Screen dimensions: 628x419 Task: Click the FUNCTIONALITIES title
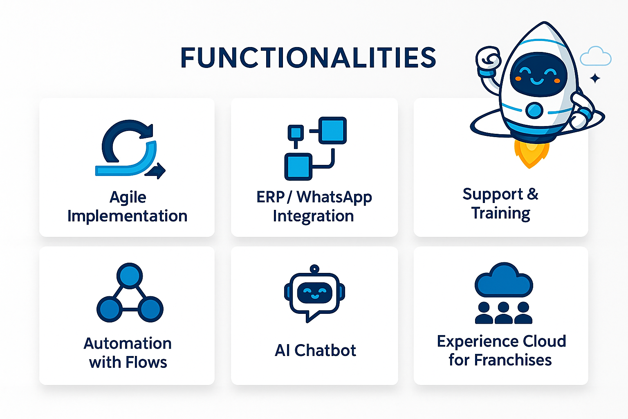(x=308, y=58)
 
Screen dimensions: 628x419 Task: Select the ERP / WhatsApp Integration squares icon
(x=315, y=149)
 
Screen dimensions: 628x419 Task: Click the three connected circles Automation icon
(x=130, y=293)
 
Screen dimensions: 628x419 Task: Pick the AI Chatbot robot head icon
(x=314, y=293)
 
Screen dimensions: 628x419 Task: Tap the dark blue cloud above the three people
(x=504, y=280)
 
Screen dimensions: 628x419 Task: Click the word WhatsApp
(x=334, y=197)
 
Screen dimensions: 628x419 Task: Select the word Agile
(x=128, y=198)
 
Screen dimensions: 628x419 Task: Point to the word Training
(x=501, y=213)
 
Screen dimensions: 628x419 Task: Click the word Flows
(x=146, y=362)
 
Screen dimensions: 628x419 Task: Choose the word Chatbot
(x=325, y=350)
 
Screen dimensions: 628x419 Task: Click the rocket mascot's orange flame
(x=530, y=154)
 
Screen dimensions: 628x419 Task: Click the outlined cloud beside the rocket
(x=596, y=56)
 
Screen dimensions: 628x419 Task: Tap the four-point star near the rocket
(x=595, y=78)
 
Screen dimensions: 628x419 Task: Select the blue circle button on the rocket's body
(x=534, y=110)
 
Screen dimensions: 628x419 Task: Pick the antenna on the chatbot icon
(x=314, y=269)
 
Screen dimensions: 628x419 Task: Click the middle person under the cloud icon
(x=504, y=313)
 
